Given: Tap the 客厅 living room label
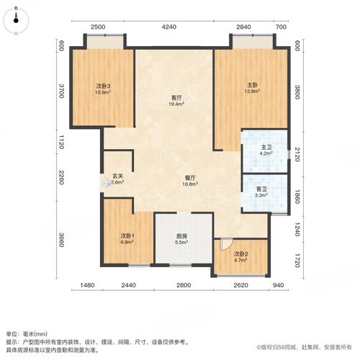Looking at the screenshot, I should coord(175,97).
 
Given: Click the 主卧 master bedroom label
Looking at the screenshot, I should coord(251,86).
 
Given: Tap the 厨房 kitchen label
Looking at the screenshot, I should coord(183,235).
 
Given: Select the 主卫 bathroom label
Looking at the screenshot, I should coord(266,147).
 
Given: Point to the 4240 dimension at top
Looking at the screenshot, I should coord(169,27).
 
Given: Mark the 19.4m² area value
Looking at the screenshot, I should coord(175,104).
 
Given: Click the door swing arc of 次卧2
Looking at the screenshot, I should coord(226,245).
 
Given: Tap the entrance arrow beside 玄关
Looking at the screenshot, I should coord(104,183).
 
